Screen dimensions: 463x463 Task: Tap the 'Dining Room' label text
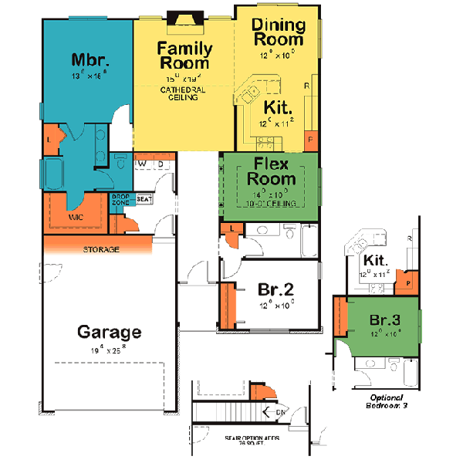[x=279, y=32]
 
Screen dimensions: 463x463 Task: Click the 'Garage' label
[x=110, y=333]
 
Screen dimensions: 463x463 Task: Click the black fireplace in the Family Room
[x=184, y=19]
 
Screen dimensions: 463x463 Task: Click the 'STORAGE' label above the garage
[x=101, y=250]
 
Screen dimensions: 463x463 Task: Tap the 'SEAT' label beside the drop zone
[x=144, y=199]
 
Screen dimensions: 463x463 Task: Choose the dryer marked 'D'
[x=160, y=164]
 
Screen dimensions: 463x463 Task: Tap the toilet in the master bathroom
[x=122, y=164]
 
